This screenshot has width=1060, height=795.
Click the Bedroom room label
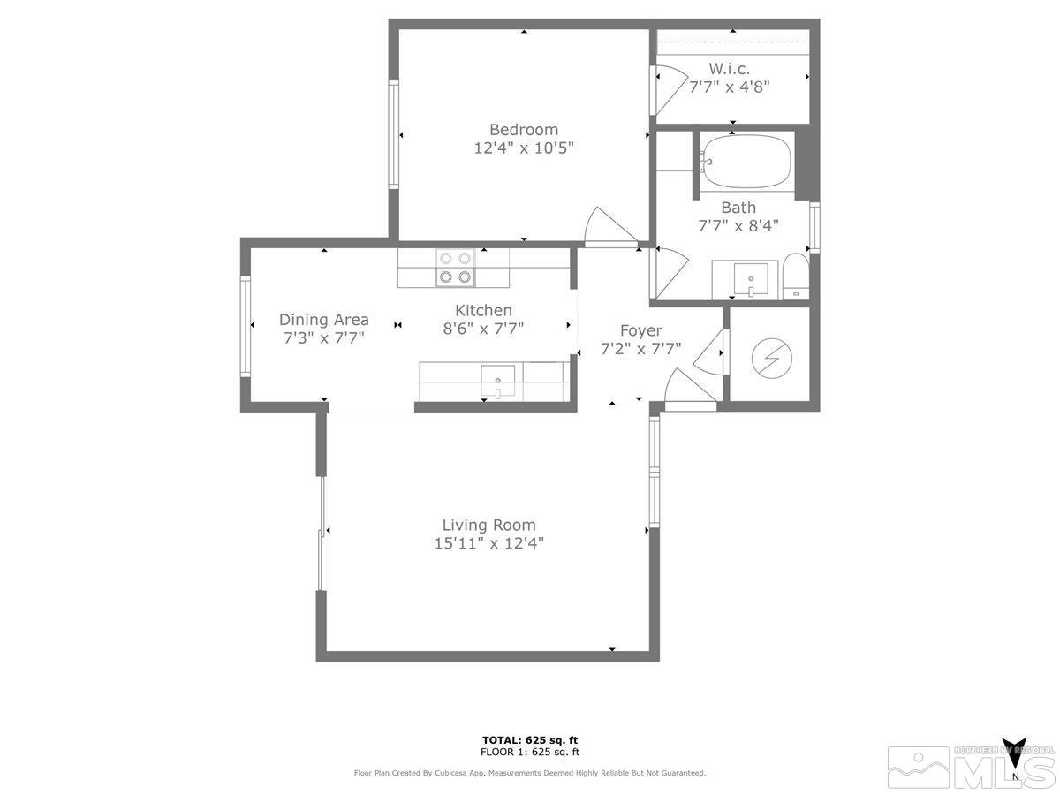[524, 129]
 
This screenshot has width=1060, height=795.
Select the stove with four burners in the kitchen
[454, 268]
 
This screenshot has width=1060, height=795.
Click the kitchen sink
[498, 382]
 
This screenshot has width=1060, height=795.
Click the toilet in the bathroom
[796, 276]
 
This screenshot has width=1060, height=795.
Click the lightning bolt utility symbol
[771, 357]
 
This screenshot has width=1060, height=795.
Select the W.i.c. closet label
[730, 68]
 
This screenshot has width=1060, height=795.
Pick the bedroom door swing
[608, 227]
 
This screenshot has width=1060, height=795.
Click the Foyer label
[640, 330]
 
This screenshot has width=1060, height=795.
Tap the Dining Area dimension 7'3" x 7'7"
[323, 337]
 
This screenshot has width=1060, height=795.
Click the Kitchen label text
[483, 310]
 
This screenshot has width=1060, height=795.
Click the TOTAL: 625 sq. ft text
[530, 740]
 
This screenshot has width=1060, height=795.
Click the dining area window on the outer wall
[246, 326]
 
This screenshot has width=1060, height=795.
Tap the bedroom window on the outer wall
[394, 134]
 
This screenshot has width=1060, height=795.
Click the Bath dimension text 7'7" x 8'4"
[738, 225]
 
